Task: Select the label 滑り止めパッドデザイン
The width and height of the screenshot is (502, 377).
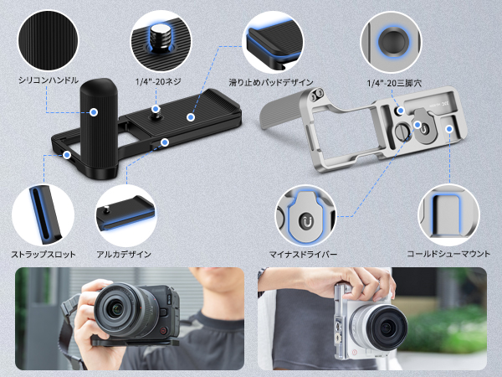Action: [272, 82]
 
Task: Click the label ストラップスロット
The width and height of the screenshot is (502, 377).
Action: [43, 253]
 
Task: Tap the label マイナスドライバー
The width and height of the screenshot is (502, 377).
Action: [303, 253]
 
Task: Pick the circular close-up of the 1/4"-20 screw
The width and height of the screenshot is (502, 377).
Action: [161, 39]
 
